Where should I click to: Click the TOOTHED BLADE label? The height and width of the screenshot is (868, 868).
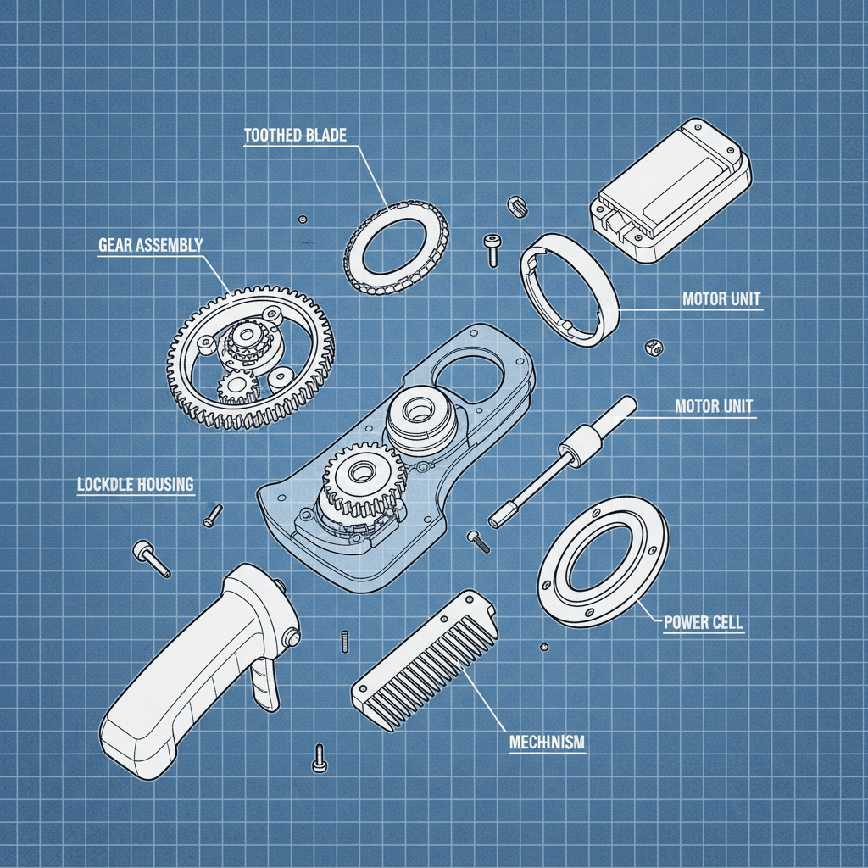click(295, 136)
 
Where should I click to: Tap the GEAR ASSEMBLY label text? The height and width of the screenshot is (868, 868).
click(150, 246)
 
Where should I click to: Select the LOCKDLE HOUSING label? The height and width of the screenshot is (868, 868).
click(135, 486)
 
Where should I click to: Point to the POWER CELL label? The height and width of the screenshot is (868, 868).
click(703, 623)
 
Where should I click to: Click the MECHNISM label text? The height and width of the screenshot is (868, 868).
click(547, 743)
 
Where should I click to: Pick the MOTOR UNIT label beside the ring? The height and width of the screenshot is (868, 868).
click(721, 299)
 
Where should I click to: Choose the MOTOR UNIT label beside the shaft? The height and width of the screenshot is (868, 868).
click(713, 406)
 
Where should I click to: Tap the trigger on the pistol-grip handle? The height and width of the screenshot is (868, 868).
click(267, 682)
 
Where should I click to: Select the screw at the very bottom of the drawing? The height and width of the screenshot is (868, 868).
click(320, 757)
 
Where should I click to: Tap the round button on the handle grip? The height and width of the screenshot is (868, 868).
click(294, 637)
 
